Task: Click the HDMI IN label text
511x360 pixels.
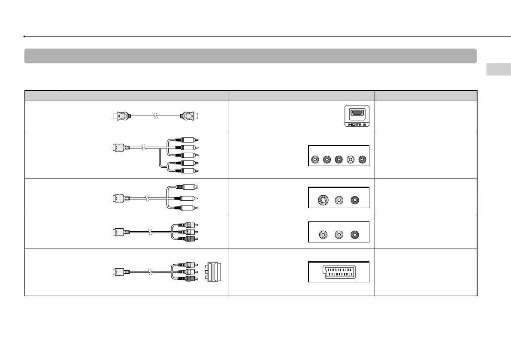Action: click(x=357, y=125)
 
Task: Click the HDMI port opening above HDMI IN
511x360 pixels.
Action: click(x=357, y=113)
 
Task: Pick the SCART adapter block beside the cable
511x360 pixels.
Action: click(x=213, y=272)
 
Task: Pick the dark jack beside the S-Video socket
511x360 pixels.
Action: click(x=355, y=200)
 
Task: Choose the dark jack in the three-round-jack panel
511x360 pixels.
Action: click(x=355, y=235)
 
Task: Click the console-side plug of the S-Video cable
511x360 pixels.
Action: click(x=118, y=198)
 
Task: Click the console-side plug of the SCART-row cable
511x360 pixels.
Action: click(x=118, y=271)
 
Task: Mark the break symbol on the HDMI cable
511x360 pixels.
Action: click(x=155, y=115)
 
